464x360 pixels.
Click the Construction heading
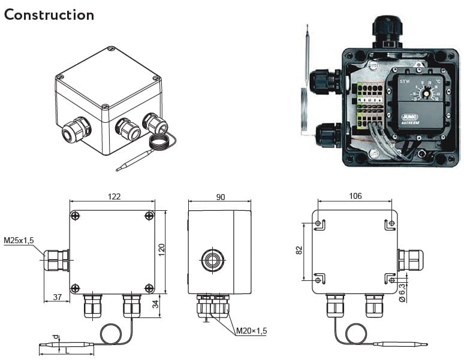(49, 14)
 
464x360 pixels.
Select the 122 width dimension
(114, 196)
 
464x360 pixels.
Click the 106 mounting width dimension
(354, 196)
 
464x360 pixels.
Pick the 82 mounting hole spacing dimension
(299, 250)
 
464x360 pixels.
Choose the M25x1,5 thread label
(19, 241)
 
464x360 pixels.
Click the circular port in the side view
(211, 260)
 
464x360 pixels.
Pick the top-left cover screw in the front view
(75, 216)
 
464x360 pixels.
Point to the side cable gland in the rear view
(411, 260)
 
